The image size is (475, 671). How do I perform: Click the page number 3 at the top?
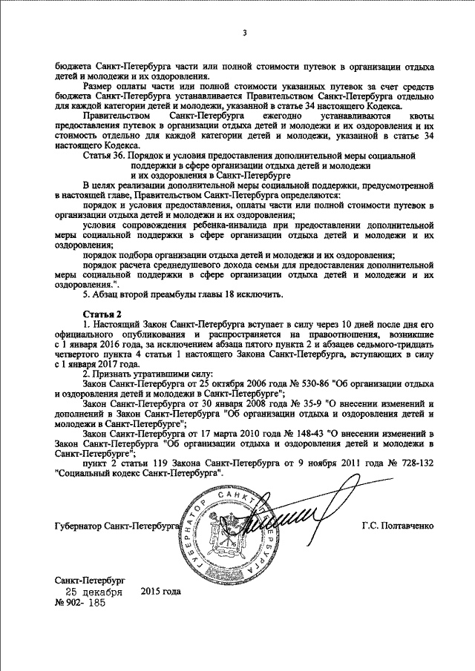[243, 33]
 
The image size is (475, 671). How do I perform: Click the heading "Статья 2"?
[100, 314]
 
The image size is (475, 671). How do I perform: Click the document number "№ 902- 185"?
[81, 604]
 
